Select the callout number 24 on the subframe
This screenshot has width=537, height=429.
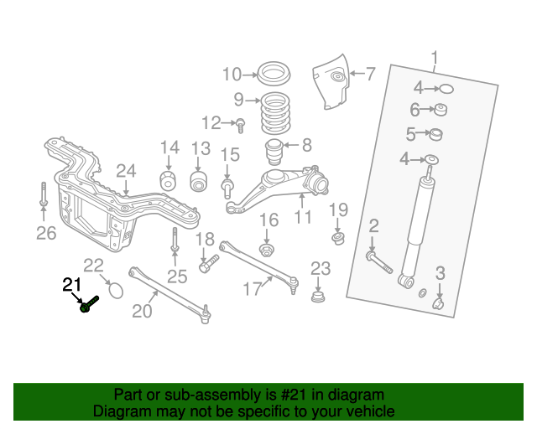[x=126, y=171]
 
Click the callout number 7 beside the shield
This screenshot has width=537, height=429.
[x=370, y=74]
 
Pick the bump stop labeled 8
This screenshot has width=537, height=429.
[x=277, y=154]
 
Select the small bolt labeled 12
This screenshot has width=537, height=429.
[x=240, y=126]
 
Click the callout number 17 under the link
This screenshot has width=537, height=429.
[x=253, y=289]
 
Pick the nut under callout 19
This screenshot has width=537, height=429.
[x=338, y=239]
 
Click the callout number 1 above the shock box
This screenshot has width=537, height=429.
[x=435, y=58]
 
